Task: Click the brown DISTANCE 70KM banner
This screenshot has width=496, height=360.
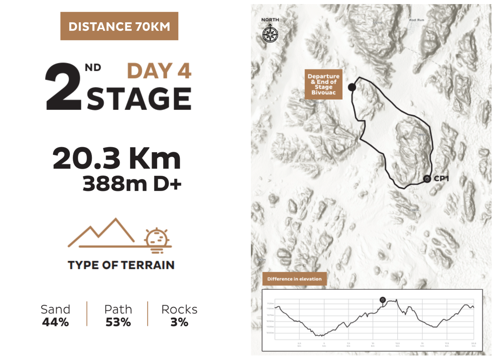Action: tap(119, 26)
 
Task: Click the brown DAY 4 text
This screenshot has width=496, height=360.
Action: tap(159, 71)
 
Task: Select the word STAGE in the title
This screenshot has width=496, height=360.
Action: tap(139, 99)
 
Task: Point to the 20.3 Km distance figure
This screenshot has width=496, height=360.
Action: tap(117, 158)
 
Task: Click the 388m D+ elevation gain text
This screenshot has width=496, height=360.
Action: tap(132, 184)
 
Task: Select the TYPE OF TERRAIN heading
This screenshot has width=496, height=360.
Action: tap(121, 265)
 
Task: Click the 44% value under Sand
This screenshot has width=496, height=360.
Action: tap(55, 322)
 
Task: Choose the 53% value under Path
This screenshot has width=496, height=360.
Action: tap(118, 322)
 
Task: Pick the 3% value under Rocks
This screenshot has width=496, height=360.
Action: tap(179, 322)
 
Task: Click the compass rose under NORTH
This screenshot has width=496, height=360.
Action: tap(270, 34)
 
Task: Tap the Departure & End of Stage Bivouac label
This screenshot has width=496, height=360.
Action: tap(323, 84)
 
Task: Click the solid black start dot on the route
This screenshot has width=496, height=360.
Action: tap(352, 87)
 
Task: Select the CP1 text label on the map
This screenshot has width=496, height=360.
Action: tap(441, 179)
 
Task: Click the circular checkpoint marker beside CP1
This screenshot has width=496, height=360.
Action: tap(427, 179)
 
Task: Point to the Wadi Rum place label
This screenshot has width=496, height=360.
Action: tap(416, 20)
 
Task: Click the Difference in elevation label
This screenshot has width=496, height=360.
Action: tap(294, 279)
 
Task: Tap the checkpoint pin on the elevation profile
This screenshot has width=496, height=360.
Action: tap(383, 300)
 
